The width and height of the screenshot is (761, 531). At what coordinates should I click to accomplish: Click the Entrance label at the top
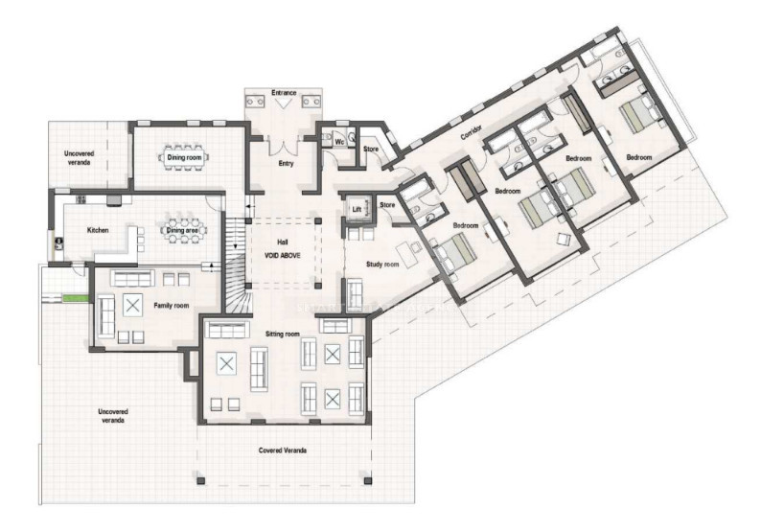coord(285,93)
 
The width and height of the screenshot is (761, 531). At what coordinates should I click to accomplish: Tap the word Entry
coord(286,163)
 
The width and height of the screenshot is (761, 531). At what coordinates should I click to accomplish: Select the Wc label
coord(339,142)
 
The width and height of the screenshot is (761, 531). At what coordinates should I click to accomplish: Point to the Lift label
coord(356,208)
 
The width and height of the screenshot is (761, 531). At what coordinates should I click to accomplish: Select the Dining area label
coord(182,230)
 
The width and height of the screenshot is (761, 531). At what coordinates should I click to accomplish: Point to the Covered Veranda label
coord(283,450)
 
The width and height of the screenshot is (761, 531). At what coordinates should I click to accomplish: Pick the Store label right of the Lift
coord(388,205)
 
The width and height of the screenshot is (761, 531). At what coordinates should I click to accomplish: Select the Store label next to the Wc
coord(371,149)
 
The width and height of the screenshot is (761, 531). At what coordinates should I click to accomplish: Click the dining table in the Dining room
coord(188,156)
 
